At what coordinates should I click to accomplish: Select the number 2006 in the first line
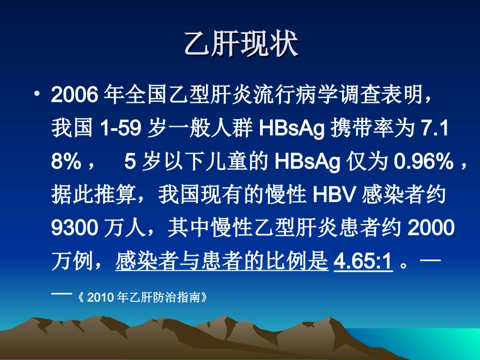click(74, 94)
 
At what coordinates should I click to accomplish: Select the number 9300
click(74, 228)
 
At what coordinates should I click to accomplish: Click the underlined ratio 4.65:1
click(363, 262)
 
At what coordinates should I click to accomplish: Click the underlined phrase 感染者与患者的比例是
click(222, 262)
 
